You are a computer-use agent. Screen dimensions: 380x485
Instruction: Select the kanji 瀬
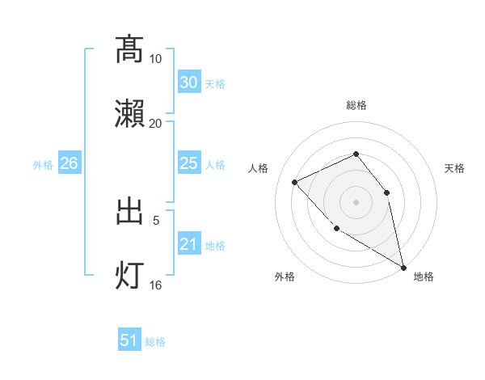tap(130, 114)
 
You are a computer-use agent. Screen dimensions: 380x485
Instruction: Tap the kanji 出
tap(130, 211)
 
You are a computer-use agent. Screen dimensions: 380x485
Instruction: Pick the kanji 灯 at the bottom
tap(130, 276)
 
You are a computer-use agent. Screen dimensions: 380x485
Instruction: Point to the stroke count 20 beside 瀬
tap(156, 123)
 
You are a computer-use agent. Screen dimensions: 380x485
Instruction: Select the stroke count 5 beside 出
tap(156, 219)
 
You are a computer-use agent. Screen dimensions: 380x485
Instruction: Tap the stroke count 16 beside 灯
tap(156, 285)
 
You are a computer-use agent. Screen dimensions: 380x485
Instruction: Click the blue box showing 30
tap(189, 83)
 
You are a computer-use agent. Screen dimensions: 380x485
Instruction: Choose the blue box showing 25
tap(189, 164)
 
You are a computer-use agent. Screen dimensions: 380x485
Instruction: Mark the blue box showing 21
tap(189, 245)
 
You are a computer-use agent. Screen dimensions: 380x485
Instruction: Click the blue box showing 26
tap(69, 164)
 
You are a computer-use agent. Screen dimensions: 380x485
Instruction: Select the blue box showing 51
tap(129, 341)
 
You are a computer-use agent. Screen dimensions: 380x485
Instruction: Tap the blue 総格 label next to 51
tap(155, 343)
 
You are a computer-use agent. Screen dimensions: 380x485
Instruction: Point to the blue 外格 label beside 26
tap(43, 165)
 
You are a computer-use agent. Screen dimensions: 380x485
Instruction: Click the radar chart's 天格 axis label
tap(454, 168)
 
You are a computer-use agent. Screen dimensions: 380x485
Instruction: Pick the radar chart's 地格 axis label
tap(424, 277)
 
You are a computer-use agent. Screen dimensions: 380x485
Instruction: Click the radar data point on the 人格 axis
tap(295, 182)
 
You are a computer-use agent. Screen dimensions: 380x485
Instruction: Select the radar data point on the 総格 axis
tap(356, 154)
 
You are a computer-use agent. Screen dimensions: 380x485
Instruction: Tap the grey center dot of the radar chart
tap(356, 201)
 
